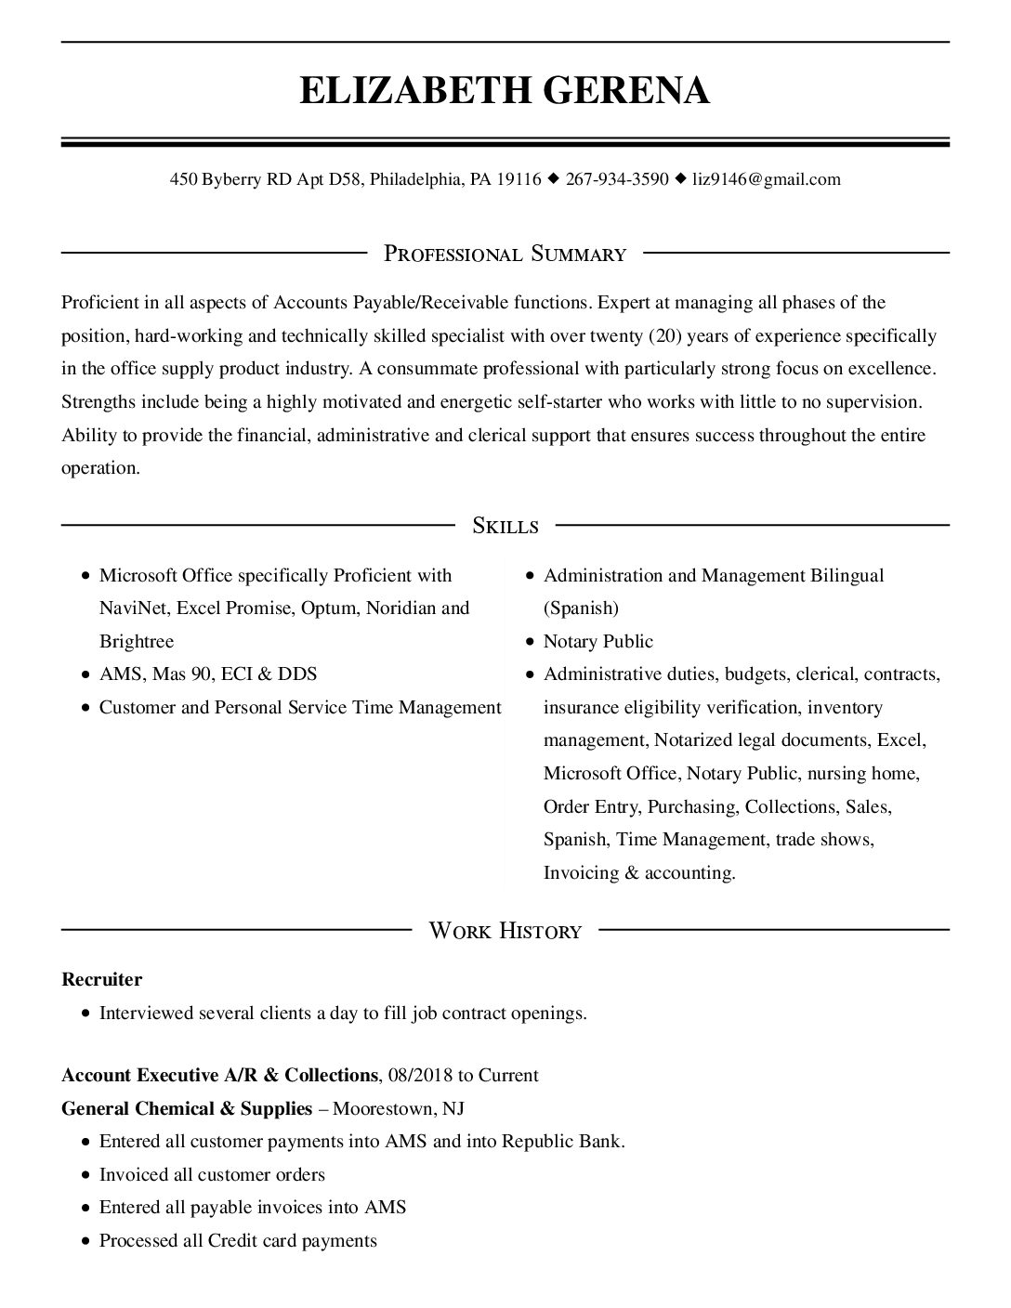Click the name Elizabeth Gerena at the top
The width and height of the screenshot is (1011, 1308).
click(505, 90)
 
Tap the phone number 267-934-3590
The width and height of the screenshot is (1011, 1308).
click(616, 179)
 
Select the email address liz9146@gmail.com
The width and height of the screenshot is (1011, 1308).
click(767, 179)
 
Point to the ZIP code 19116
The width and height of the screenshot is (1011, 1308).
click(519, 179)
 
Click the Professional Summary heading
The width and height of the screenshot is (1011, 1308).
click(505, 254)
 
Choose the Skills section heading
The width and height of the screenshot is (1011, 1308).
click(505, 526)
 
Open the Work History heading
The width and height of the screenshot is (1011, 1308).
click(505, 930)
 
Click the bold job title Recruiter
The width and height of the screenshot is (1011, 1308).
click(101, 979)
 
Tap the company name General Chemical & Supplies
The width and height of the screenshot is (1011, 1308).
click(187, 1108)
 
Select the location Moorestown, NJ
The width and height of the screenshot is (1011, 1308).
click(399, 1108)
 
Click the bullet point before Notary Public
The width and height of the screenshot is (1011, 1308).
click(529, 642)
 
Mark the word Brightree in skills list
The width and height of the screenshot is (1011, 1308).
click(137, 641)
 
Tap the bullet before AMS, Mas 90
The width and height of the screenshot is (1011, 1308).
click(85, 675)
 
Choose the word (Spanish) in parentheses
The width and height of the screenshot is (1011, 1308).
click(581, 608)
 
